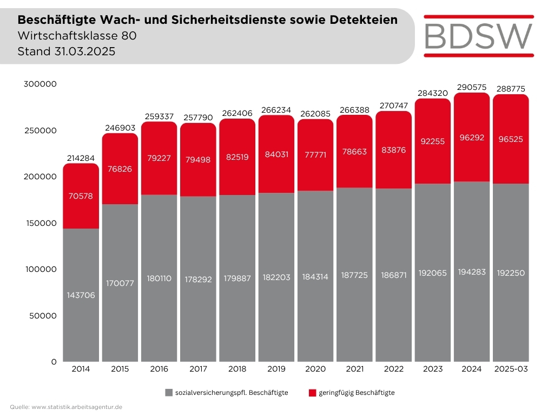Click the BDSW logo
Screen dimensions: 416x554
[x=479, y=35]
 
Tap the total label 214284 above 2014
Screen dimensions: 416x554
[x=81, y=158]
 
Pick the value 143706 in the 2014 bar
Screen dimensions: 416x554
[x=81, y=295]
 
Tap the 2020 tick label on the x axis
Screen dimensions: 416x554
[x=315, y=369]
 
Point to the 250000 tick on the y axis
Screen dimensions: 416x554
[x=39, y=131]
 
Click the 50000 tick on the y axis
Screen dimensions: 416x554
[x=42, y=315]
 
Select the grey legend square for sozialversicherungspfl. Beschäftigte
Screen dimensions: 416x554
[x=169, y=392]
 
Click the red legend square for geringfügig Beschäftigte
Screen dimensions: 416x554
[x=312, y=392]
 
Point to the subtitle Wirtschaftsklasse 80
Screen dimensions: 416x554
[x=73, y=36]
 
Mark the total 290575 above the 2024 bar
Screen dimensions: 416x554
[x=471, y=87]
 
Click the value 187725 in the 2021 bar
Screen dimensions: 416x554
[x=354, y=275]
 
